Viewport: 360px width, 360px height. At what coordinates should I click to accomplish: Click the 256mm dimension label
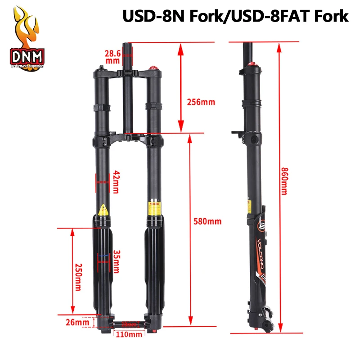201,102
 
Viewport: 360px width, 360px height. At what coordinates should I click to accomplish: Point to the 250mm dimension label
79,277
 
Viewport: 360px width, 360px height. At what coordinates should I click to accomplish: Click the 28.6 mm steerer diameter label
112,56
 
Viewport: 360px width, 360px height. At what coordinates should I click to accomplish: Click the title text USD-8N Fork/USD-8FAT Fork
235,17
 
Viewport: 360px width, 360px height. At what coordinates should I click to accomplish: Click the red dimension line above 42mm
102,182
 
